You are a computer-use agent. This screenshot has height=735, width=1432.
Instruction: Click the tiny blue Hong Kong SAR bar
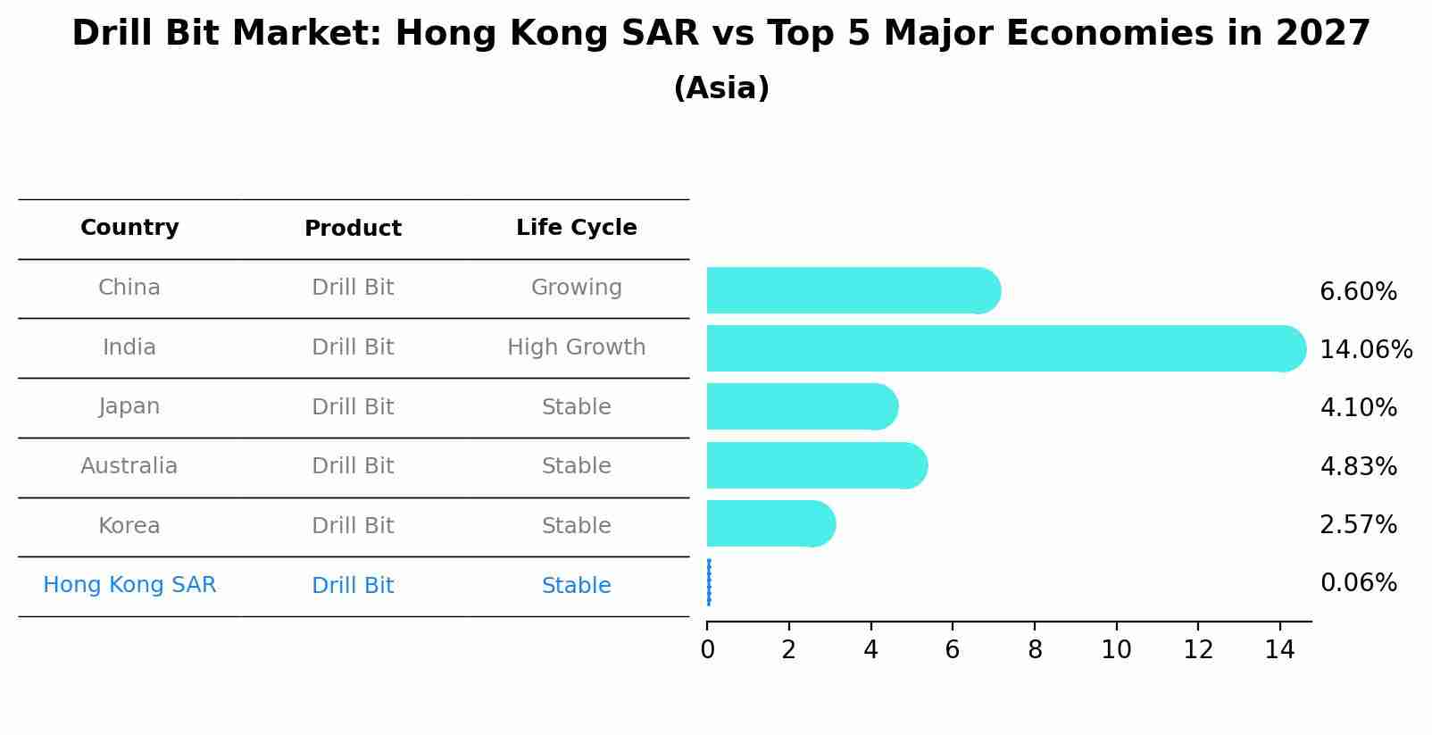coord(709,582)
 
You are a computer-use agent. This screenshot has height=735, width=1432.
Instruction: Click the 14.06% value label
coord(1365,349)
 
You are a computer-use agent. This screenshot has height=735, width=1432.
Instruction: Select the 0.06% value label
coord(1358,583)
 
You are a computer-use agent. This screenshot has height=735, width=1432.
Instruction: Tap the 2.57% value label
coord(1358,524)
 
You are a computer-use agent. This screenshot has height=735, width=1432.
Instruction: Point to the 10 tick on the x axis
coord(1116,650)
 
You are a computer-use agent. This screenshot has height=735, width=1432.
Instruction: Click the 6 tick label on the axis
coord(953,650)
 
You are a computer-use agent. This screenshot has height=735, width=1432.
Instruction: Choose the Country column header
coord(129,228)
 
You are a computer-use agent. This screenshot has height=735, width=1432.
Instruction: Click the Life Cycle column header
coord(576,228)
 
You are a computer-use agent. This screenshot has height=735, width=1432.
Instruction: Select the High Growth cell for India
coord(576,347)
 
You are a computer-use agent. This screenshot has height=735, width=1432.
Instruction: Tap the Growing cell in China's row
coord(576,288)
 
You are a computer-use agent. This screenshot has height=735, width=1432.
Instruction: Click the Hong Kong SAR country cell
coord(129,585)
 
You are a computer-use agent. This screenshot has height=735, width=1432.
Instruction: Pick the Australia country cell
coord(129,466)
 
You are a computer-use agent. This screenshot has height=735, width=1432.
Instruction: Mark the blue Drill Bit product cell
coord(353,586)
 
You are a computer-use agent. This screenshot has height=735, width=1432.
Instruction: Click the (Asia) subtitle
coord(720,88)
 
